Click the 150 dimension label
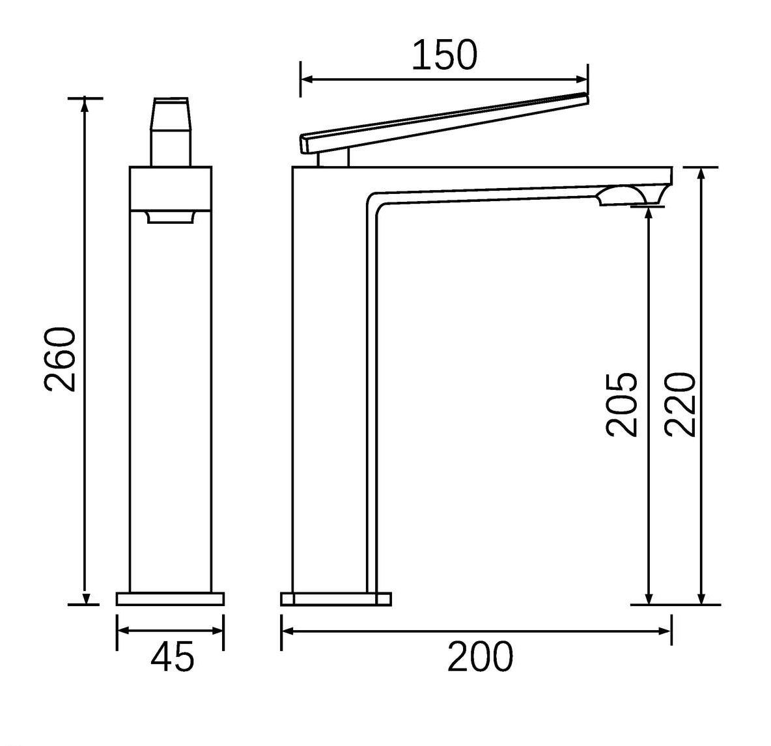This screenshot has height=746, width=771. coord(444,55)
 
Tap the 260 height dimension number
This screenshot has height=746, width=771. coord(61,359)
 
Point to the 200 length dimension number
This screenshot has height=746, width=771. coord(480,657)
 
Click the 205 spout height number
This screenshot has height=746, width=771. coord(621,404)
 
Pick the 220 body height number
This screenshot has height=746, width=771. coord(680,404)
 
